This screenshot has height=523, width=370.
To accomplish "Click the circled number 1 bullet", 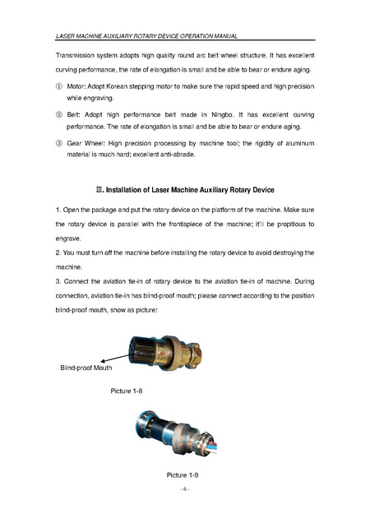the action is coord(58,86).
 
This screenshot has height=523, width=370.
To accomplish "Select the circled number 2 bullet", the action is coord(58,115).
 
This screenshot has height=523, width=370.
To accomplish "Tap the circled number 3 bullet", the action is coord(58,143).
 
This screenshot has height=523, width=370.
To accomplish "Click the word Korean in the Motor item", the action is coord(117,86).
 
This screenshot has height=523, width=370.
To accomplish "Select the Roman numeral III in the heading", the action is coord(99,190).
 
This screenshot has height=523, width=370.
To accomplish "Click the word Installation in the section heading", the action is coord(123,190).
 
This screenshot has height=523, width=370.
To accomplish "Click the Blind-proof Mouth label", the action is coord(86,368).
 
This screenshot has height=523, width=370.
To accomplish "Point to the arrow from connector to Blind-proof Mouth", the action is coord(115,358).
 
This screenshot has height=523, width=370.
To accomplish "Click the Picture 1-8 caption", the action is coord(127,391).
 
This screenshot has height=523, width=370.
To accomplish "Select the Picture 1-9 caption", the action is coord(183,475).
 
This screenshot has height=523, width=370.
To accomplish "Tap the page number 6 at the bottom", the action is coord(185,489).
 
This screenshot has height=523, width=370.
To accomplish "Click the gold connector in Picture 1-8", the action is coord(166,353).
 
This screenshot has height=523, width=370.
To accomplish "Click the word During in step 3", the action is coord(304,281).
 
